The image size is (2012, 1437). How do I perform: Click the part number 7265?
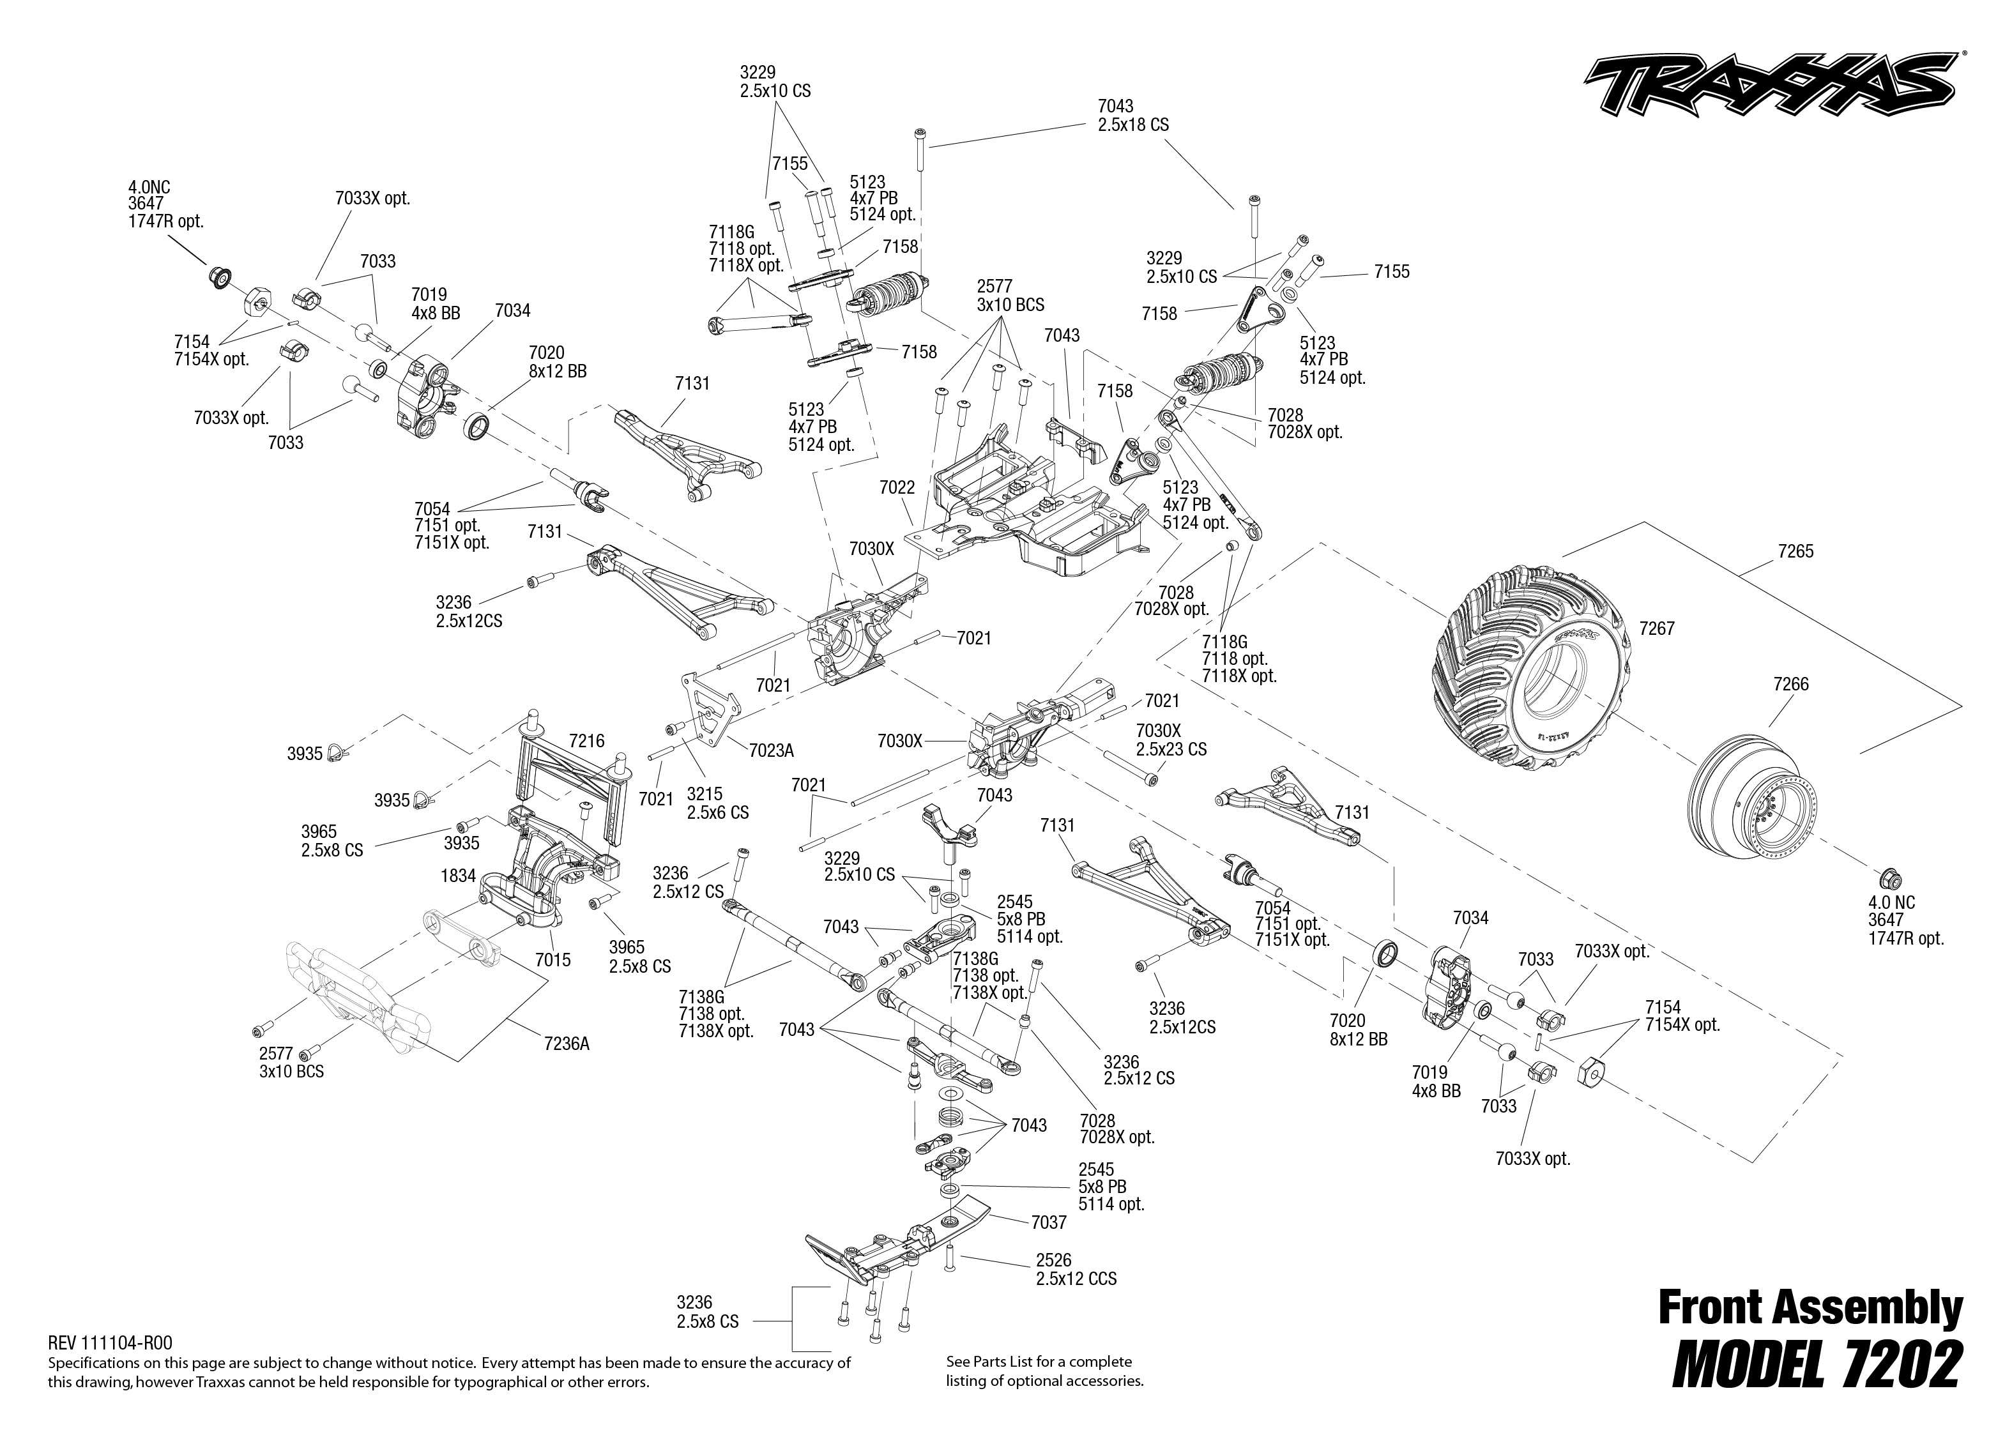coord(1795,551)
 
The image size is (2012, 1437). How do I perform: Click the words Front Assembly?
coord(1810,1308)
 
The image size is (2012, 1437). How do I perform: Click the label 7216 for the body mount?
coord(586,741)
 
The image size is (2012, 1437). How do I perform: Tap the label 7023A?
coord(771,750)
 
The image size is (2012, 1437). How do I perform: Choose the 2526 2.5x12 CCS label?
coord(1075,1270)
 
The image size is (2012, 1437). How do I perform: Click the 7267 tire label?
coord(1656,628)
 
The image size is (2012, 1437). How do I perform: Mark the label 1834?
coord(459,876)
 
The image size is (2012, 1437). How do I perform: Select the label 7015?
coord(553,960)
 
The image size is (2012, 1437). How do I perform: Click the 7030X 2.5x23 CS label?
coord(1171,740)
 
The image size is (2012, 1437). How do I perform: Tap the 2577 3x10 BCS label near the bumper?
coord(291,1063)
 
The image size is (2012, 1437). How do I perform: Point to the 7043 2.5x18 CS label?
coord(1132,116)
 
